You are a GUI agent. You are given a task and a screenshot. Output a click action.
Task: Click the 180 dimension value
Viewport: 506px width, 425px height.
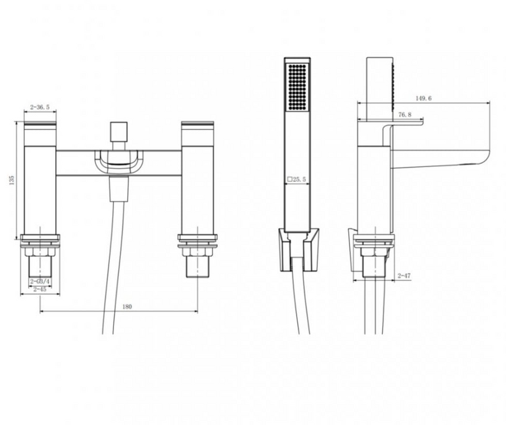click(x=127, y=307)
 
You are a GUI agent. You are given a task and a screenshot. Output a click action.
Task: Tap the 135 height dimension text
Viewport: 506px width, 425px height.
click(x=12, y=180)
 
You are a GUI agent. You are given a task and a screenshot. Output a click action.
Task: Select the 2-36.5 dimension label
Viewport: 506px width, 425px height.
click(x=40, y=107)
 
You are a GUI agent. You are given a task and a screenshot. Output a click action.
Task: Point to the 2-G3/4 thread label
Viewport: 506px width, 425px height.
click(x=40, y=282)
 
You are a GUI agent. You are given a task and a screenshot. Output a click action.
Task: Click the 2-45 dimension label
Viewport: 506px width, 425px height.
click(x=40, y=289)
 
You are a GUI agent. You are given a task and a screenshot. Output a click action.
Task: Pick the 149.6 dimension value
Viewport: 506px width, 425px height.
click(x=423, y=98)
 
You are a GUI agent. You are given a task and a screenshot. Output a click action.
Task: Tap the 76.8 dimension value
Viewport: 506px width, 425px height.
click(x=405, y=115)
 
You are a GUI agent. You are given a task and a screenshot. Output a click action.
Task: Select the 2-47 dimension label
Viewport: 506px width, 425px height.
click(x=404, y=276)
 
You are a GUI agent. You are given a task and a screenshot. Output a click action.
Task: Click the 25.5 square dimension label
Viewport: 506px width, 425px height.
click(x=297, y=179)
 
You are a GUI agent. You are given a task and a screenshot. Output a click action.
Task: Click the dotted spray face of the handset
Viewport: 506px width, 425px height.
click(x=297, y=87)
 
